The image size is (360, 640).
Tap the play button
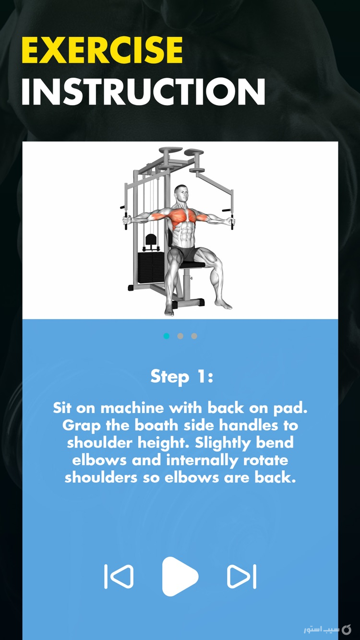pyautogui.click(x=180, y=576)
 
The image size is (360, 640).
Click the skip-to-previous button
pyautogui.click(x=119, y=576)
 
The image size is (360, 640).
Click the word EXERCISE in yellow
pyautogui.click(x=102, y=50)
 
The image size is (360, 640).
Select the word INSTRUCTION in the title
pyautogui.click(x=143, y=92)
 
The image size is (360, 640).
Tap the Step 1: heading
pyautogui.click(x=181, y=376)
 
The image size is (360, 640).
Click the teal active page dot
pyautogui.click(x=167, y=336)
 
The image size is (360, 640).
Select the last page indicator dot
pyautogui.click(x=194, y=336)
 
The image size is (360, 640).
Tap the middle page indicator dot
pyautogui.click(x=180, y=336)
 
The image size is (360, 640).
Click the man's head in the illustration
pyautogui.click(x=181, y=194)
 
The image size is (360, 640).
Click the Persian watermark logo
pyautogui.click(x=327, y=629)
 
